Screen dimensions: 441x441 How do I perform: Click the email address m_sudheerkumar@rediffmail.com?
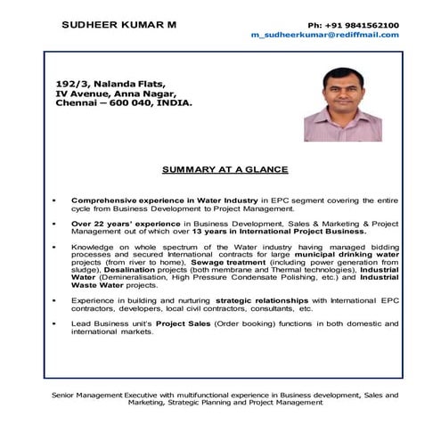click(325, 35)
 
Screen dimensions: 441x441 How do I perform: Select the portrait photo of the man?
click(342, 104)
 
